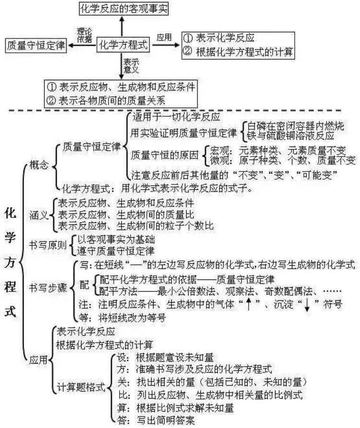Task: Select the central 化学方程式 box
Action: click(x=123, y=45)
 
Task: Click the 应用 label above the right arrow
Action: click(x=165, y=36)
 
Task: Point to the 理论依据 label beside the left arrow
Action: click(x=84, y=36)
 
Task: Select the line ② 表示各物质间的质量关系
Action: click(x=119, y=100)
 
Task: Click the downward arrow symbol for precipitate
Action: click(x=307, y=305)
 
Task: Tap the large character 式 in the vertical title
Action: click(x=11, y=311)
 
